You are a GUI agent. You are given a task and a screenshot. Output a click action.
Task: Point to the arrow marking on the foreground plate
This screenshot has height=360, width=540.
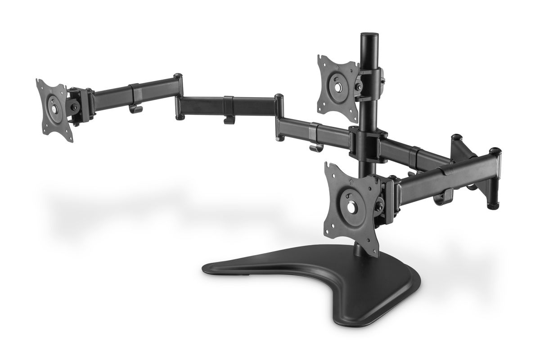[350, 183]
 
